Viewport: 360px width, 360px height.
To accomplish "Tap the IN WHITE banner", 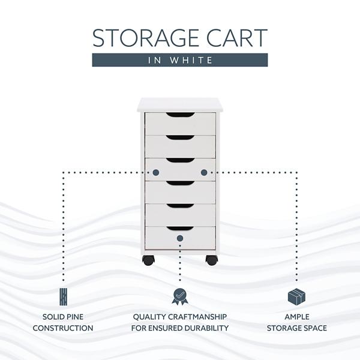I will click(x=180, y=60).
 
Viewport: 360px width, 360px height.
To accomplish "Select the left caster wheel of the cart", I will click(x=148, y=260).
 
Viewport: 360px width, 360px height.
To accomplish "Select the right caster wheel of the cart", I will click(x=212, y=260).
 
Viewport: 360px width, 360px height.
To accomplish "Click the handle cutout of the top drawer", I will click(x=180, y=115).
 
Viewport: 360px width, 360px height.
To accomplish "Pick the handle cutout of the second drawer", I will click(x=180, y=137).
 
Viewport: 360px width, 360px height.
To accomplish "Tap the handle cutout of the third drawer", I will click(x=180, y=160).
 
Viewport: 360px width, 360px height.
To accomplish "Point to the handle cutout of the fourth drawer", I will click(x=180, y=183).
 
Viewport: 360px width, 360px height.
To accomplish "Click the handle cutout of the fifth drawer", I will click(x=180, y=206).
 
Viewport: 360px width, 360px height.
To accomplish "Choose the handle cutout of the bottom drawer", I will click(x=180, y=229).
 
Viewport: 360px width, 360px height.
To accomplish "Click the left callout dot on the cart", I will click(x=156, y=172).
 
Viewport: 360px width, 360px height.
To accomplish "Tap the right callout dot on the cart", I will click(x=204, y=172).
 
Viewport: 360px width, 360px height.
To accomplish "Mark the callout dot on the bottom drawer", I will click(x=180, y=238).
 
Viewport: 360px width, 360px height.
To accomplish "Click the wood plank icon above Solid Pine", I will click(x=63, y=296).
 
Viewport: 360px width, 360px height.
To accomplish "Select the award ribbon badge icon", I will click(x=179, y=296).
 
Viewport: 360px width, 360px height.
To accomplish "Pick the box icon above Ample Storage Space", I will click(x=296, y=296).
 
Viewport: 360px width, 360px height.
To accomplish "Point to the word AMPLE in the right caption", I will click(x=296, y=316).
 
